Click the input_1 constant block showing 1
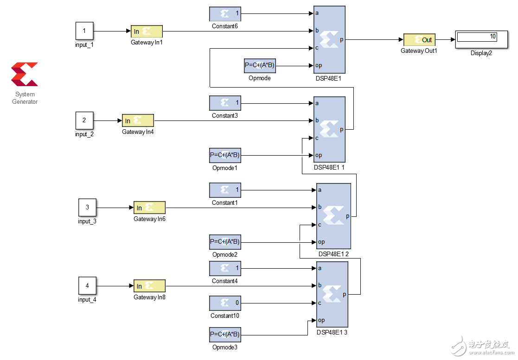tap(84, 31)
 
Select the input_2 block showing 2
tap(84, 120)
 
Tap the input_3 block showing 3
tap(87, 208)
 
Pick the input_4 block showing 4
tap(87, 286)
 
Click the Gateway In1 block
tap(147, 31)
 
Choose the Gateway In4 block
tap(138, 120)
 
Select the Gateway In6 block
tap(149, 208)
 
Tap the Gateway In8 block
tap(149, 286)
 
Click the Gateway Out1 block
tap(419, 40)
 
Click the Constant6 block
tap(225, 13)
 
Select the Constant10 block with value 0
tap(225, 303)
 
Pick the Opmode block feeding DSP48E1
tap(260, 66)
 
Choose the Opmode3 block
tap(225, 334)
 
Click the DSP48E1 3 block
tap(332, 294)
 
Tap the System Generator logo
tap(25, 74)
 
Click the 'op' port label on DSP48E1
tap(319, 65)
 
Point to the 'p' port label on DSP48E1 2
tap(347, 216)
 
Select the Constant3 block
tap(225, 103)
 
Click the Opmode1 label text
tap(225, 168)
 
